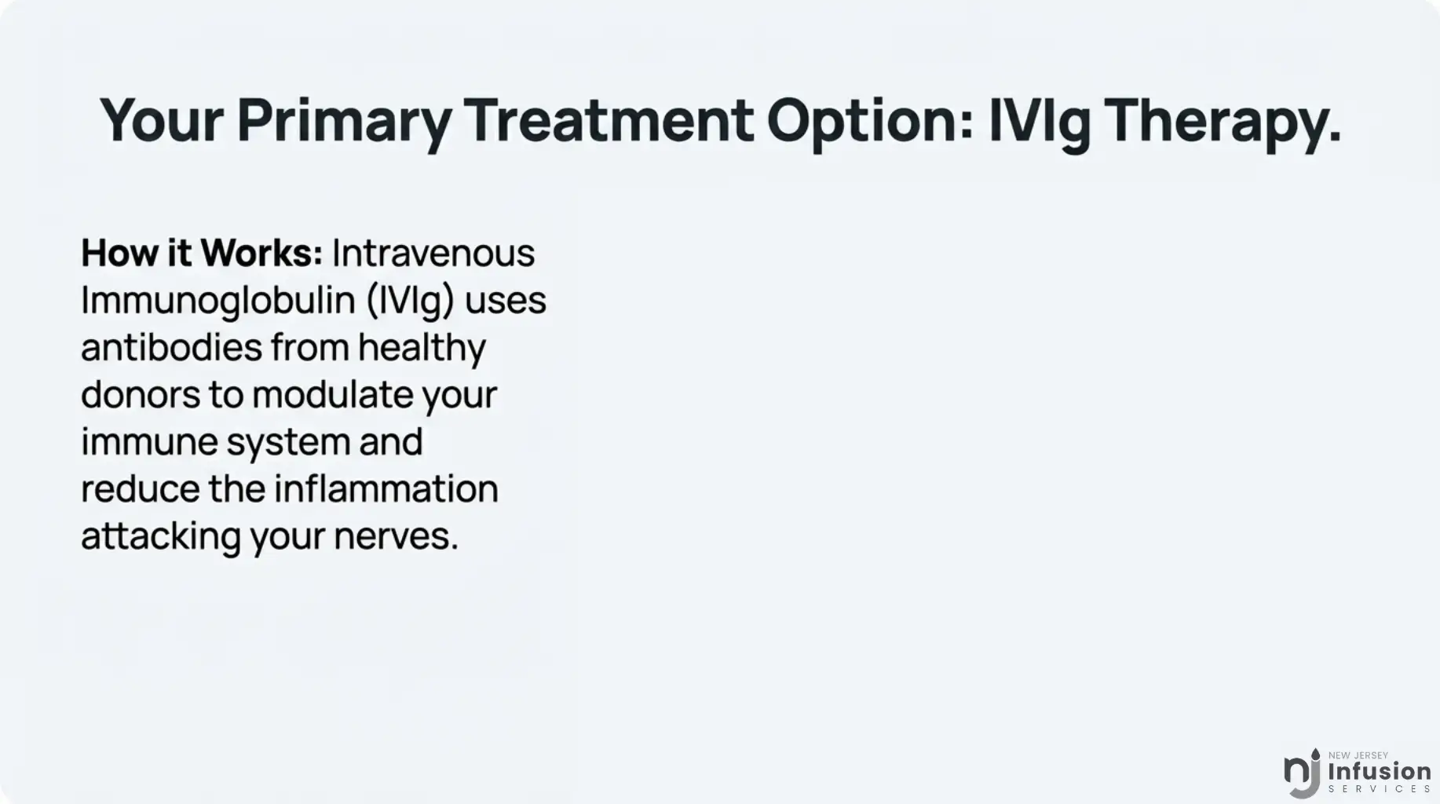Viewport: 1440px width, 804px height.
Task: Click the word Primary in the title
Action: pyautogui.click(x=344, y=122)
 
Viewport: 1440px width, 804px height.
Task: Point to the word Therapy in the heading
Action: pyautogui.click(x=1222, y=122)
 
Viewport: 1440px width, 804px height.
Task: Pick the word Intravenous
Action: pyautogui.click(x=433, y=253)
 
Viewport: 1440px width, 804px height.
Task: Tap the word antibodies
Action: pyautogui.click(x=171, y=347)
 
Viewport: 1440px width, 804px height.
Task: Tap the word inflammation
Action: pyautogui.click(x=386, y=488)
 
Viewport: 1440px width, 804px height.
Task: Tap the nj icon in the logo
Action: pyautogui.click(x=1302, y=773)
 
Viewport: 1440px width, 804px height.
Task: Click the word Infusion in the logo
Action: pyautogui.click(x=1380, y=771)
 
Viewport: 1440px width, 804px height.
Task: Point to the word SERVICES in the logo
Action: pyautogui.click(x=1380, y=788)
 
